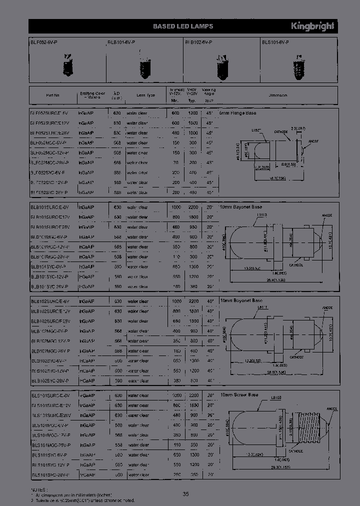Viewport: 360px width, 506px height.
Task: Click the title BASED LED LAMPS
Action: pyautogui.click(x=182, y=26)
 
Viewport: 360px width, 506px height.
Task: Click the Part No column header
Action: pyautogui.click(x=52, y=95)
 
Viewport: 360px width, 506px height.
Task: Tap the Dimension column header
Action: pyautogui.click(x=277, y=95)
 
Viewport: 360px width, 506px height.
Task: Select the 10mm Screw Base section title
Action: pyautogui.click(x=239, y=395)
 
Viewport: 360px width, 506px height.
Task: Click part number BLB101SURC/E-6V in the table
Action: pyautogui.click(x=49, y=207)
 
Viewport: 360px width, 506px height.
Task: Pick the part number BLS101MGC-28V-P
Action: pyautogui.click(x=50, y=444)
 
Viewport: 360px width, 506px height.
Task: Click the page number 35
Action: pyautogui.click(x=185, y=494)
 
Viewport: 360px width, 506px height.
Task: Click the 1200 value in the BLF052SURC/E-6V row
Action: pyautogui.click(x=191, y=113)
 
